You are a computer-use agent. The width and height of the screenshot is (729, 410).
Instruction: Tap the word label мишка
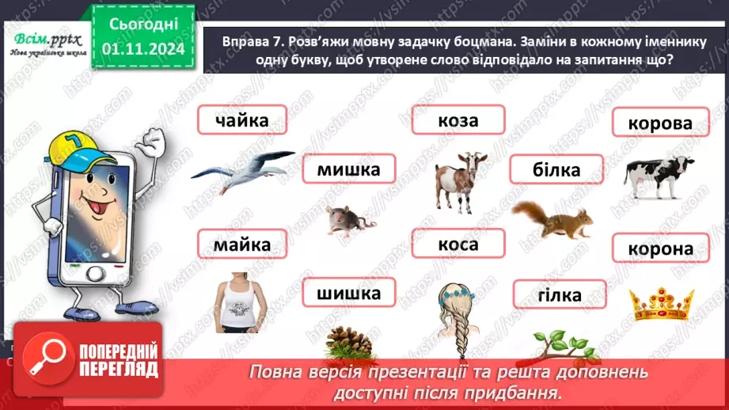click(x=348, y=169)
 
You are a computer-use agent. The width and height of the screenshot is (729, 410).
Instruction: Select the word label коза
click(x=458, y=120)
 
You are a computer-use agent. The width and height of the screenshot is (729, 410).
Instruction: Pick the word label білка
click(x=556, y=169)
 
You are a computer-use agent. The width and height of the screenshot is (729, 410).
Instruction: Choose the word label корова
click(x=659, y=123)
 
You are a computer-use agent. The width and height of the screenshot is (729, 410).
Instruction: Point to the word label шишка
click(x=348, y=294)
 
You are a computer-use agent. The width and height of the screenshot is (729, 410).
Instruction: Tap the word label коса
click(x=458, y=245)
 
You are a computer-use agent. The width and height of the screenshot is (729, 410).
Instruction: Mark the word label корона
click(x=659, y=249)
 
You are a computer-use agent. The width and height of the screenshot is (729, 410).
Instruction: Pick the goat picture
click(x=461, y=180)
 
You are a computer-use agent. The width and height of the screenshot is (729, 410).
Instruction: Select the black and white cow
click(x=659, y=175)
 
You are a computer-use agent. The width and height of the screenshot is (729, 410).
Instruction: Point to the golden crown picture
click(x=660, y=302)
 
